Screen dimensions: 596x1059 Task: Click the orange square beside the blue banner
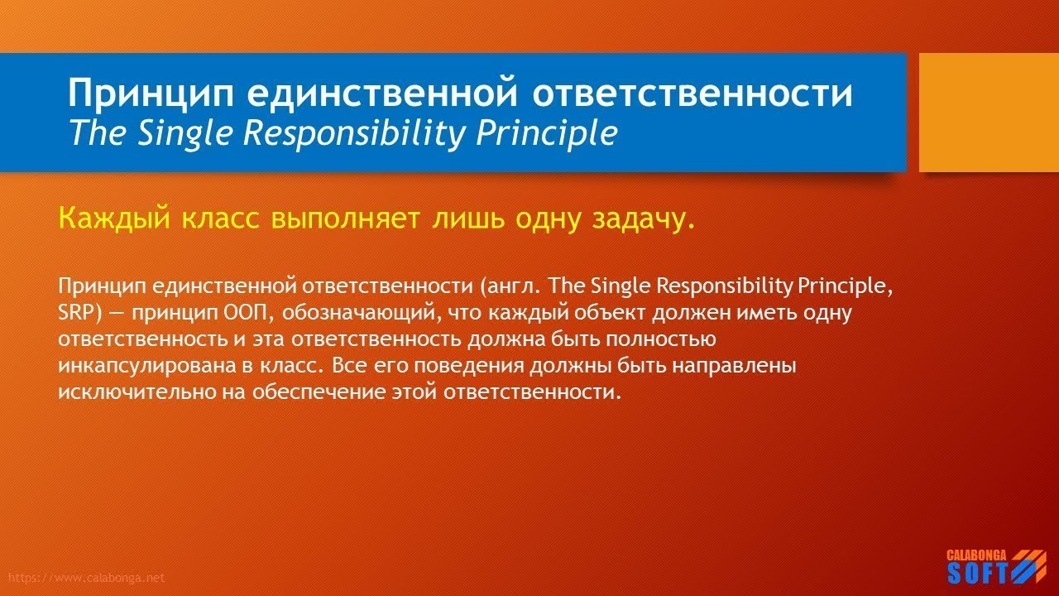coord(989,113)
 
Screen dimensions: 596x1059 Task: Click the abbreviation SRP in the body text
coord(75,314)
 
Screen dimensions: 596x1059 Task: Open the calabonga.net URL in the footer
coord(84,578)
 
